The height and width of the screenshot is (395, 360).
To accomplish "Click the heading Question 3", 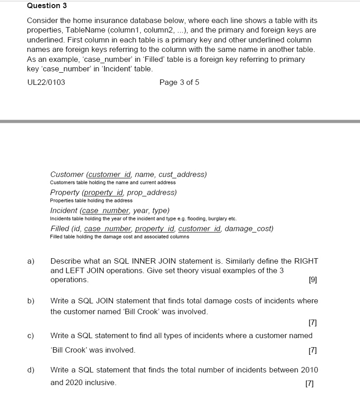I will [x=44, y=6].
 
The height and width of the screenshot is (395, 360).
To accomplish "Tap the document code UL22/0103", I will [x=46, y=82].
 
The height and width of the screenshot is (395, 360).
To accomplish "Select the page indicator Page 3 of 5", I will [x=179, y=82].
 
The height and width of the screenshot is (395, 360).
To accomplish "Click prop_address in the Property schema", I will [x=153, y=192].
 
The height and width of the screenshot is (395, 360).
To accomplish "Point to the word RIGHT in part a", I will [x=306, y=261].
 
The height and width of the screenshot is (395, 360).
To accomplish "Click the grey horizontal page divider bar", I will [x=180, y=121].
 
